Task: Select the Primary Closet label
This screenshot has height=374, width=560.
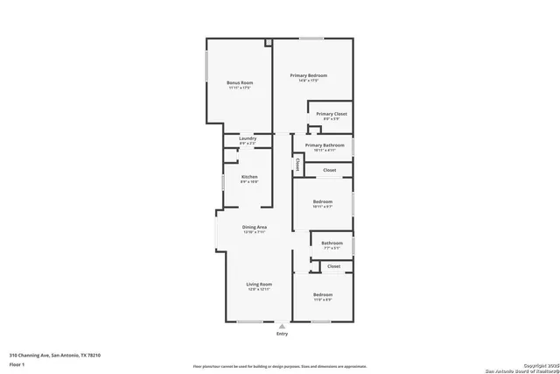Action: tap(332, 115)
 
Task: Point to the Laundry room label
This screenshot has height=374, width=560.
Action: tap(248, 138)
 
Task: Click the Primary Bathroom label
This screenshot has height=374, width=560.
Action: tap(325, 145)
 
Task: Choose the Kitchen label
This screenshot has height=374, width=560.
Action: tap(249, 178)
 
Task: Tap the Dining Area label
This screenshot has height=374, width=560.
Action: tap(255, 228)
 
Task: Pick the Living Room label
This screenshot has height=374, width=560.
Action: tap(259, 285)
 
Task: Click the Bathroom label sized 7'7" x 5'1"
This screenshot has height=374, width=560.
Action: tap(332, 243)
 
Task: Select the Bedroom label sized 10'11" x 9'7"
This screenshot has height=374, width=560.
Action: tap(323, 202)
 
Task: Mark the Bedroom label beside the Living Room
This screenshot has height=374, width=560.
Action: tap(323, 295)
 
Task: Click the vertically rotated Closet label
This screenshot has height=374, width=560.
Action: tap(297, 164)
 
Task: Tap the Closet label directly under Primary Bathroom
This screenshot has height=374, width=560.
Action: tap(330, 170)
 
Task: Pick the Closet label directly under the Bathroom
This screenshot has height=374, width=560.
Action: tap(334, 265)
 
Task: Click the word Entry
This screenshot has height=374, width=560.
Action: tap(282, 334)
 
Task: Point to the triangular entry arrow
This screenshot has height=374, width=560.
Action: tap(282, 326)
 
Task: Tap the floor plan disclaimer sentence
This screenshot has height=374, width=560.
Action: tap(280, 365)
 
